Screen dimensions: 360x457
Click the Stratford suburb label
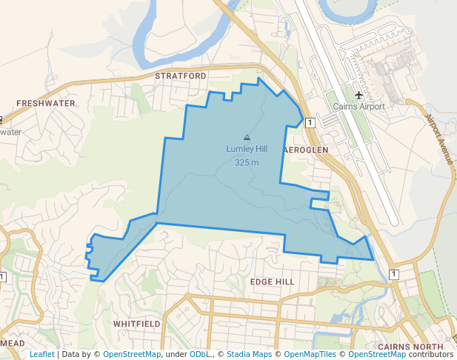(181, 76)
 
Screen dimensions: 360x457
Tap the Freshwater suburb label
(46, 104)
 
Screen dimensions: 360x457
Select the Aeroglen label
(306, 149)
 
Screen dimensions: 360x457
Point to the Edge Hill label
(272, 282)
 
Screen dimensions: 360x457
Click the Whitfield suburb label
(136, 324)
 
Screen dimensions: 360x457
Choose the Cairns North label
(410, 347)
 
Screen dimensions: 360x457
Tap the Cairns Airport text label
(359, 107)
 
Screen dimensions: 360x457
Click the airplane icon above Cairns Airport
(359, 95)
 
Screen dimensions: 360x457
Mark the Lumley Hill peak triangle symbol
(247, 137)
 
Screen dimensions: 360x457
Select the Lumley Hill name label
(247, 149)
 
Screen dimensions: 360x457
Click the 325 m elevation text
(247, 161)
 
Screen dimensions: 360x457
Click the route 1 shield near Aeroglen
(310, 122)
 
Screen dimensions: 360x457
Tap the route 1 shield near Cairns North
(394, 274)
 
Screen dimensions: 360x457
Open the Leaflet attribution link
(41, 354)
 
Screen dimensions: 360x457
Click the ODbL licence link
(200, 354)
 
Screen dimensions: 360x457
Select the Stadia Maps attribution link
(249, 354)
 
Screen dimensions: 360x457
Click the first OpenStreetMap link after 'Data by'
(131, 354)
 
